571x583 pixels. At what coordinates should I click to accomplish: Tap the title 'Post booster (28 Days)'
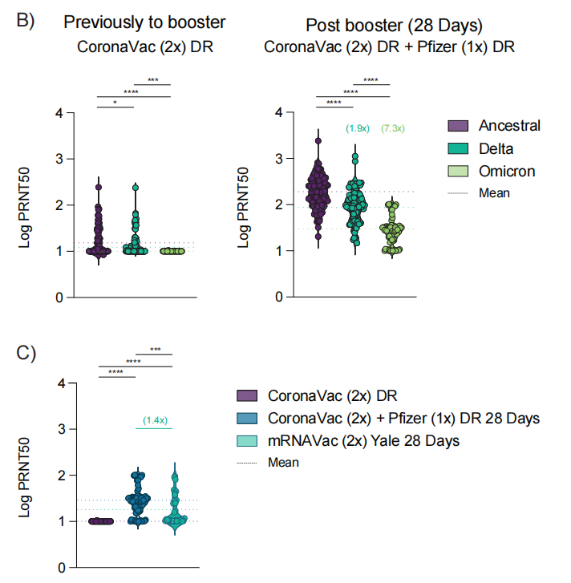[x=389, y=22]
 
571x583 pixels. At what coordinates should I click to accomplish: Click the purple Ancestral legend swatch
[x=458, y=126]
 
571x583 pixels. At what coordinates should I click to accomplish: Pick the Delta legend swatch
[x=458, y=148]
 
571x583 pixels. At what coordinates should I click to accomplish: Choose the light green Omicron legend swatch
[x=458, y=171]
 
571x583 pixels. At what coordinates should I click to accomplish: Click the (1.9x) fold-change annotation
[x=358, y=128]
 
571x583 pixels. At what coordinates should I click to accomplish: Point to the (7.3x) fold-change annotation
[x=394, y=128]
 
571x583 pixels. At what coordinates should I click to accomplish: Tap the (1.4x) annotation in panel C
[x=155, y=420]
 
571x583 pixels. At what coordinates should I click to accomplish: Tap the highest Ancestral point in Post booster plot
[x=318, y=140]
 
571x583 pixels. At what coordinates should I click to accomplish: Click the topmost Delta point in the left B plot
[x=136, y=188]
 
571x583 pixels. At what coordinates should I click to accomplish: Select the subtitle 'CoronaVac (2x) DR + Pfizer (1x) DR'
[x=389, y=47]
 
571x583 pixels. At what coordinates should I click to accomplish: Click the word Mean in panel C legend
[x=283, y=462]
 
